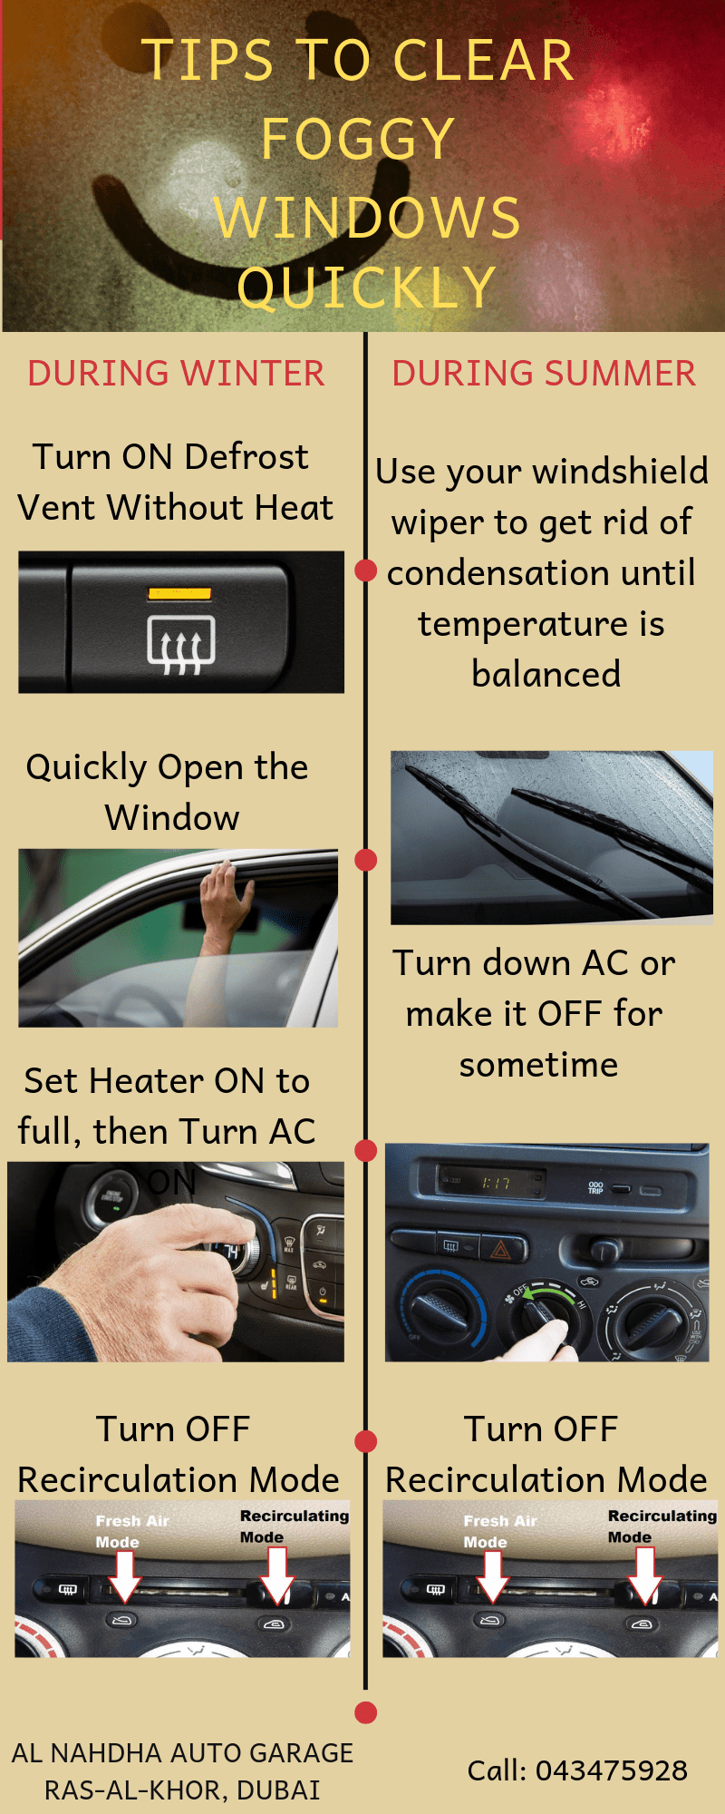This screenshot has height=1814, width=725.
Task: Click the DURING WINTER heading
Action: point(176,374)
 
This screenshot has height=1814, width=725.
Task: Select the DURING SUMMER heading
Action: point(544,374)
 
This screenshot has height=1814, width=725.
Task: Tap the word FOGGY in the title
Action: point(358,139)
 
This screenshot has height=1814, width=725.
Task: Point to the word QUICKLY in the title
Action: point(367,288)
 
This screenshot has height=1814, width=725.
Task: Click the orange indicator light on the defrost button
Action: point(179,594)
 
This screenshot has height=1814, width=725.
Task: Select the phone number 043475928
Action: point(612,1770)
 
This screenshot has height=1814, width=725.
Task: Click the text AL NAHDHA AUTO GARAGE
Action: point(182,1752)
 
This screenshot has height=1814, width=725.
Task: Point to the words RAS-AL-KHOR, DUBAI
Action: point(182,1790)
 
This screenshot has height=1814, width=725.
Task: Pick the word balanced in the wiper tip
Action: point(546,674)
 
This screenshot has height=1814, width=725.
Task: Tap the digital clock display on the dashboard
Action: point(495,1183)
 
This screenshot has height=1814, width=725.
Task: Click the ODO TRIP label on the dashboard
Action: point(595,1187)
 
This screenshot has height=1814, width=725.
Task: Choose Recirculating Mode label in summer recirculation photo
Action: point(662,1526)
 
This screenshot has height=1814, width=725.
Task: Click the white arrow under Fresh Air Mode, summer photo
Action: point(492,1575)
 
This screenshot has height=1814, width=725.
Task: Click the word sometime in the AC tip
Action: point(538,1064)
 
